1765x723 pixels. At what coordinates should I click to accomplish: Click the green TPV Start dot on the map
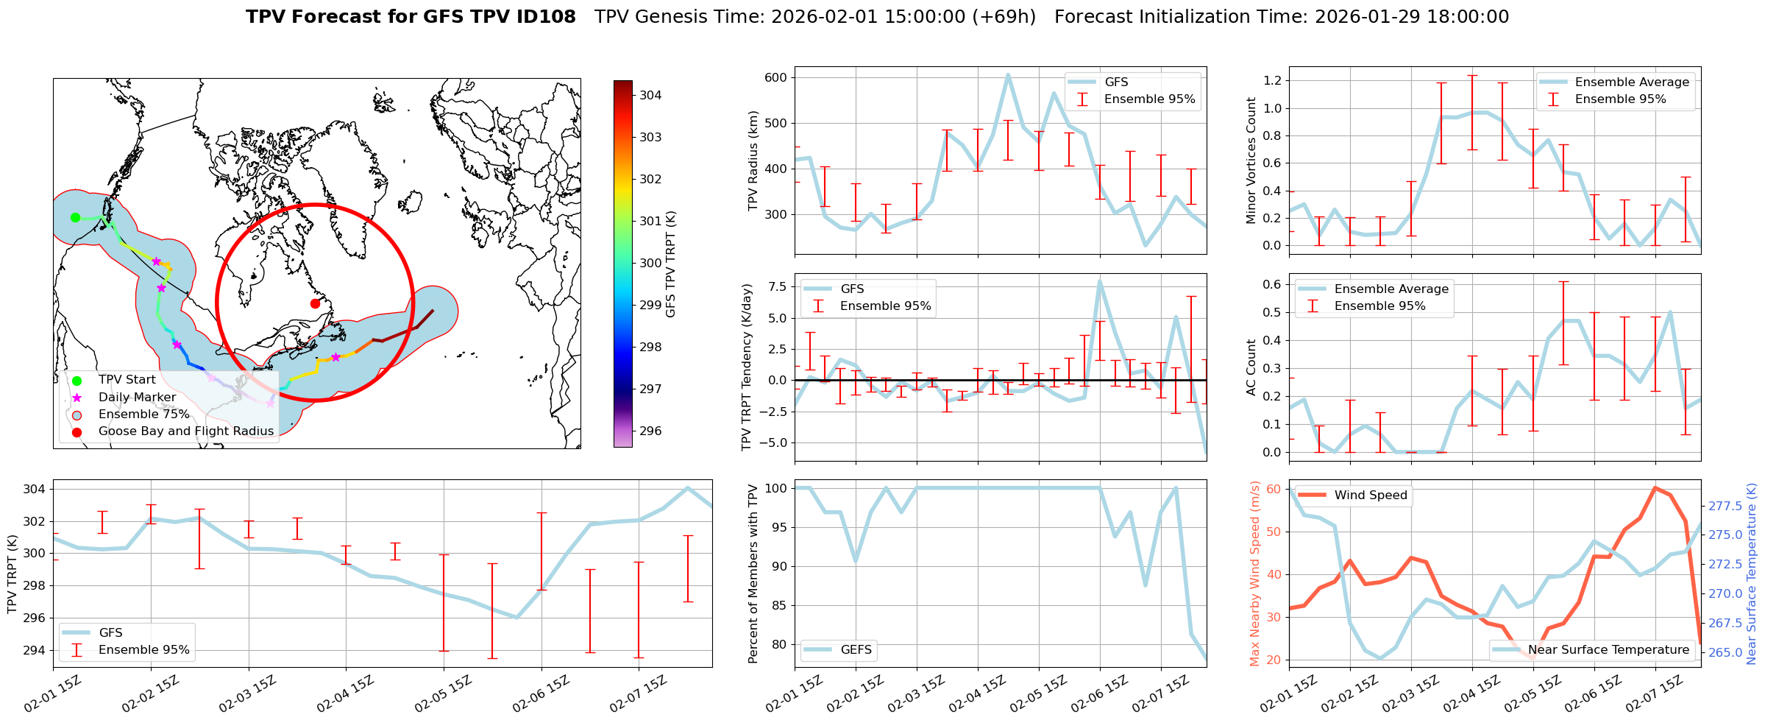pyautogui.click(x=75, y=217)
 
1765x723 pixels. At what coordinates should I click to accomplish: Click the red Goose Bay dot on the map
pyautogui.click(x=315, y=303)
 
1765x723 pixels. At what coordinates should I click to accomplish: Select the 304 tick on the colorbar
pyautogui.click(x=650, y=95)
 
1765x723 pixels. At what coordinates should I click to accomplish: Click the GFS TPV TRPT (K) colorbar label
pyautogui.click(x=670, y=264)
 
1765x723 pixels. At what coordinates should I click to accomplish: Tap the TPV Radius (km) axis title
pyautogui.click(x=753, y=161)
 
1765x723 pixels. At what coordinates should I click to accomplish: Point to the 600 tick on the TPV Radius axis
pyautogui.click(x=775, y=77)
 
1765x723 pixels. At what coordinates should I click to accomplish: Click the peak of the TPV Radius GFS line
pyautogui.click(x=1008, y=74)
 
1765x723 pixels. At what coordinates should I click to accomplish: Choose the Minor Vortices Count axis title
pyautogui.click(x=1251, y=161)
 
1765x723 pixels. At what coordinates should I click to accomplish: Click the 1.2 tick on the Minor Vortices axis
pyautogui.click(x=1272, y=80)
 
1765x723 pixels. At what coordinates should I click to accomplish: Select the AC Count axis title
pyautogui.click(x=1251, y=367)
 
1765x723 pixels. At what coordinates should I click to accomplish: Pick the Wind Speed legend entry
pyautogui.click(x=1370, y=495)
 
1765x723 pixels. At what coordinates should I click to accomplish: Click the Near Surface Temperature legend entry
pyautogui.click(x=1608, y=650)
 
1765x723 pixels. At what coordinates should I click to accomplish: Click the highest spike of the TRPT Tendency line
pyautogui.click(x=1100, y=281)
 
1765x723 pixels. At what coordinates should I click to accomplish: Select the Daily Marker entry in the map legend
pyautogui.click(x=137, y=398)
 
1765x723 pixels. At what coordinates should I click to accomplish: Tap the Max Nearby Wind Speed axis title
pyautogui.click(x=1254, y=574)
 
